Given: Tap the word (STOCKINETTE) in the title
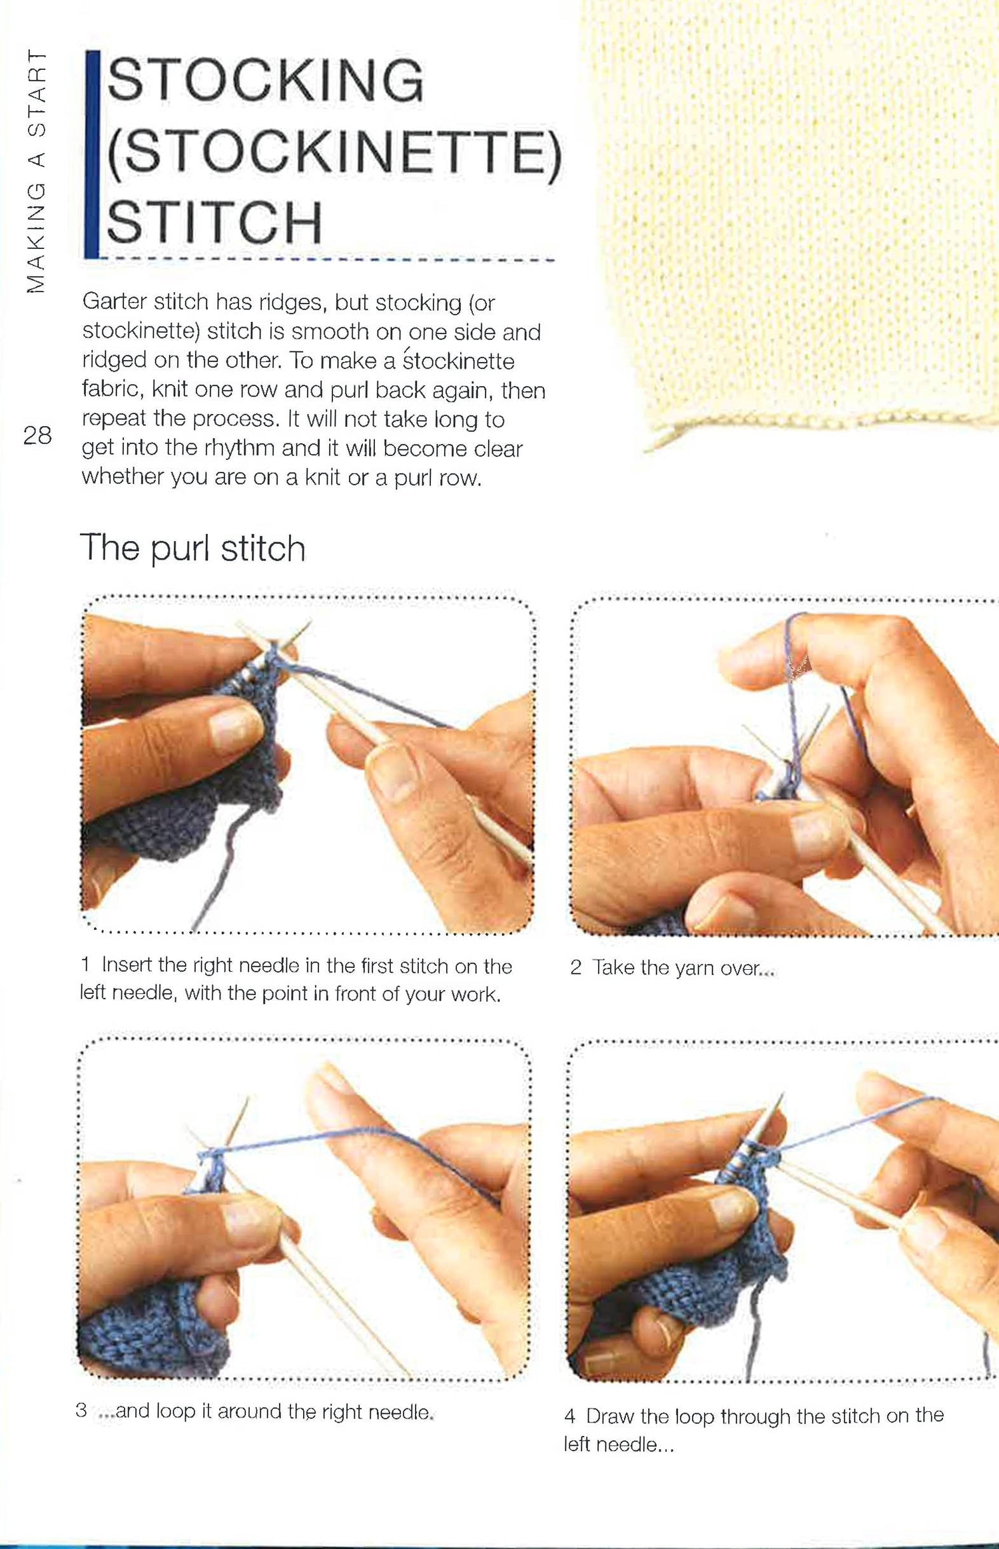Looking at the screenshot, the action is (x=335, y=151).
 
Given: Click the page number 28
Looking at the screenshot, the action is (x=37, y=435).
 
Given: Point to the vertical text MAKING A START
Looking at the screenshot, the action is (x=36, y=171).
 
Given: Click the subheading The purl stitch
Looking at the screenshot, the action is (x=192, y=549).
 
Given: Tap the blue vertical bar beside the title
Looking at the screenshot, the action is (x=92, y=154).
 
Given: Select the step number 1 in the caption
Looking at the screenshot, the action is (x=85, y=964).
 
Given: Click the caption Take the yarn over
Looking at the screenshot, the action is (x=683, y=967).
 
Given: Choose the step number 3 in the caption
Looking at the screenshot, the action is (x=81, y=1410).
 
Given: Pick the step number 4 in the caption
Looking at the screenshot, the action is (x=569, y=1415).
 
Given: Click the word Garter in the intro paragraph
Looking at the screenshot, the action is (x=114, y=302).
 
